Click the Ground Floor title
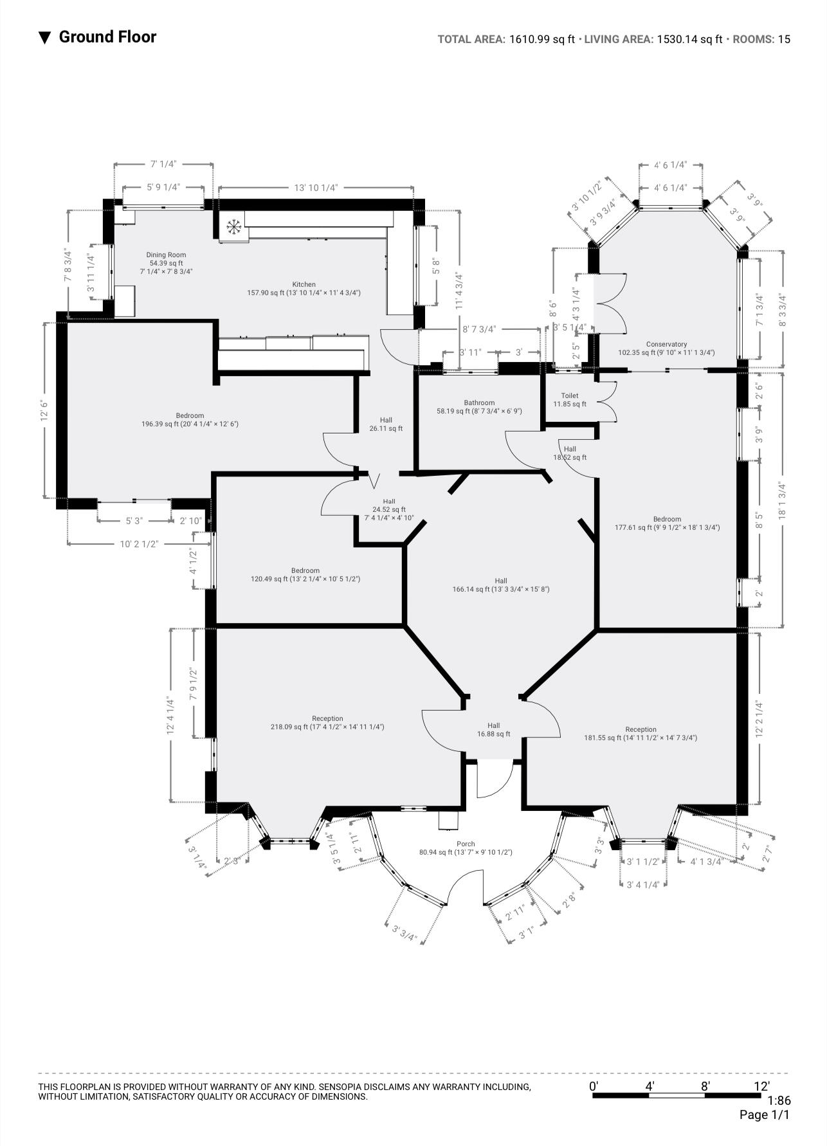pos(107,37)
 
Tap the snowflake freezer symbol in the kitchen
pos(233,226)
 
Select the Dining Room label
pos(166,255)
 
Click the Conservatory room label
pos(666,345)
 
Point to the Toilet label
pos(570,396)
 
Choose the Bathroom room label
pos(479,403)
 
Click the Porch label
pos(466,844)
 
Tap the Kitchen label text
pos(304,284)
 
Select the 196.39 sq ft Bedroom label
pos(190,416)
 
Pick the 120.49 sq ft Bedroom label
pos(305,571)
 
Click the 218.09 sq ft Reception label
pos(327,719)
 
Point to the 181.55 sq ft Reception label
pos(641,730)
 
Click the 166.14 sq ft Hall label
pos(500,581)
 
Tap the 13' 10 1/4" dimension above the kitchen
pos(316,188)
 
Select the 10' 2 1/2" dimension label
pos(139,544)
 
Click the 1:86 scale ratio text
pos(779,1101)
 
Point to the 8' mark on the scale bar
pos(705,1086)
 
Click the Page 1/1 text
pos(765,1114)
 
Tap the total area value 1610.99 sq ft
pos(541,39)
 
